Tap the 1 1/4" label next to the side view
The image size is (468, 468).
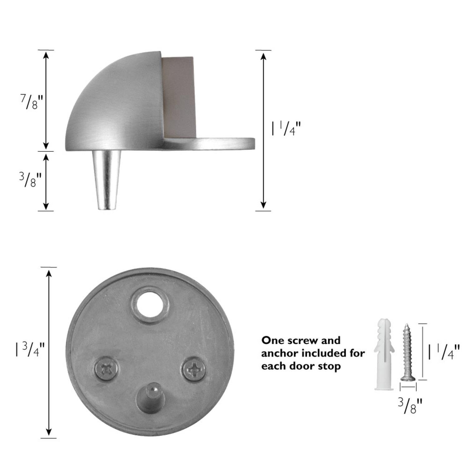point(286,129)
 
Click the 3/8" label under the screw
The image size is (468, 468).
point(410,405)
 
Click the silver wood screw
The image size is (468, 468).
point(408,353)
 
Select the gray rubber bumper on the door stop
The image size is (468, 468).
point(179,97)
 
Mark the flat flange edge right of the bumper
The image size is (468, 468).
point(225,142)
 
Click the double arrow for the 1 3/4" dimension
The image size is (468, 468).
point(49,352)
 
